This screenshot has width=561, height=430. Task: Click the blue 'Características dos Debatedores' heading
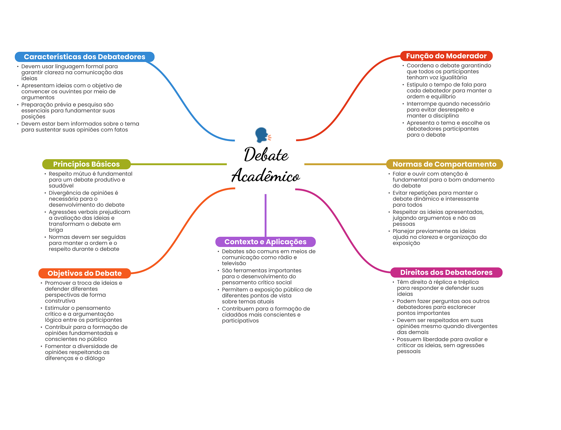coord(85,57)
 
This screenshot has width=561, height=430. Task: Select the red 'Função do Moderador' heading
coord(446,56)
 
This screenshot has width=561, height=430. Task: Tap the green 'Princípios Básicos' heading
coord(86,164)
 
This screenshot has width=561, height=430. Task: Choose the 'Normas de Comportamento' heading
coord(444,164)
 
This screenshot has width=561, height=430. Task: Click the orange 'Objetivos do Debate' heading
coord(85,273)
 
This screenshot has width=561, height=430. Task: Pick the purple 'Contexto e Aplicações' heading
coord(265,242)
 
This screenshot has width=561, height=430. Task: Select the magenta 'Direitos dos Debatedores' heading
coord(446,272)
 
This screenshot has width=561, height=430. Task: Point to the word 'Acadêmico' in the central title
coord(266,175)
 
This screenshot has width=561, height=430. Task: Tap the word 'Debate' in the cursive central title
coord(266,154)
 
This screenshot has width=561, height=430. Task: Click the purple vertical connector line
coord(265,215)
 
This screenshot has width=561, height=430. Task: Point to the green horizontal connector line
coord(179,164)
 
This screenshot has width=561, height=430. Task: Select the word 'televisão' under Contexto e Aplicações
coord(234,263)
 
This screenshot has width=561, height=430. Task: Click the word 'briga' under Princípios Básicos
coord(56,230)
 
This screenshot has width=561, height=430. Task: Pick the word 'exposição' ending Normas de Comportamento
coord(406,243)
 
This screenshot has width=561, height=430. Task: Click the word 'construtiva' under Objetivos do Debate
coord(60,301)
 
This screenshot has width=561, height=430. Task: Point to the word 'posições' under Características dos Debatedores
coord(33,117)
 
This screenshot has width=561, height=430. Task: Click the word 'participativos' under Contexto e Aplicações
coord(240,321)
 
